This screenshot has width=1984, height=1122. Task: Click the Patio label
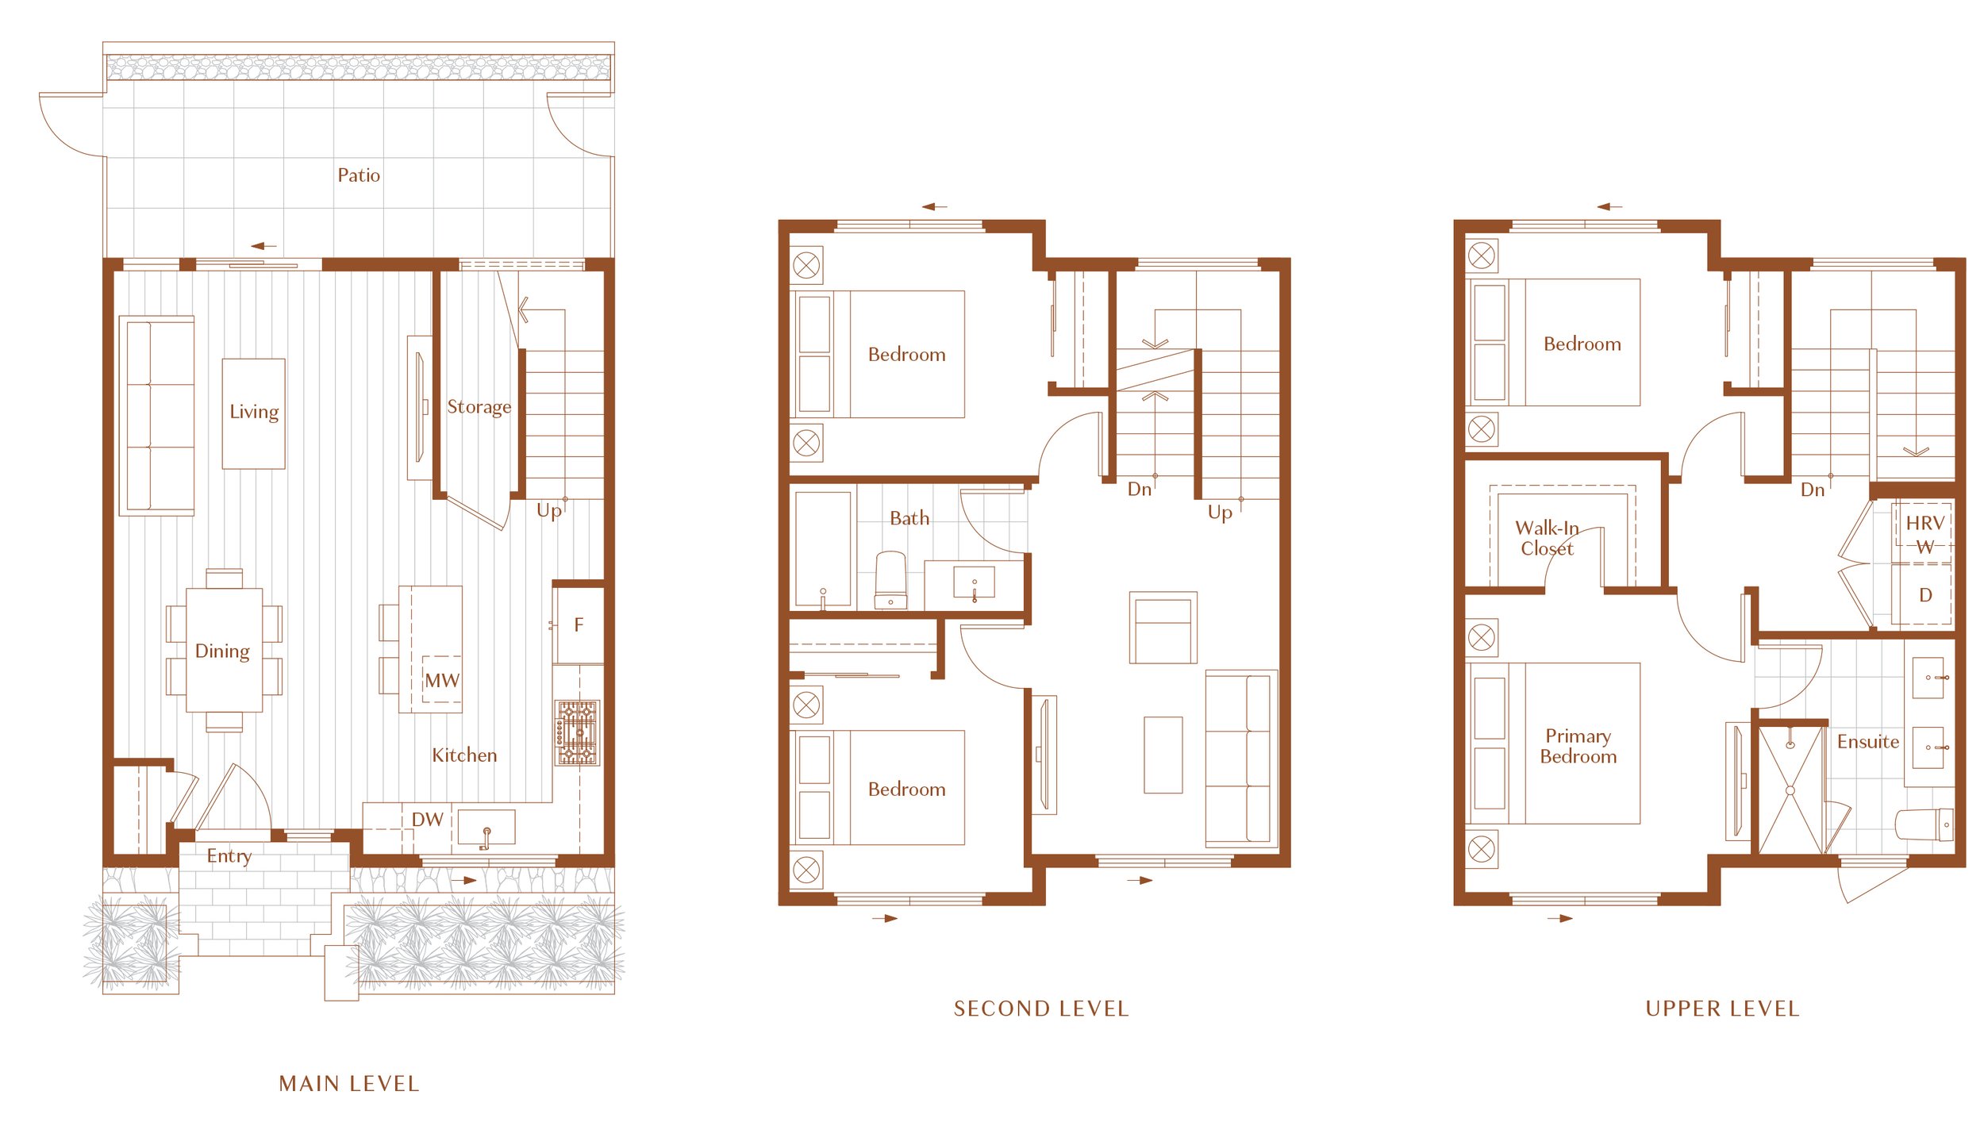[359, 175]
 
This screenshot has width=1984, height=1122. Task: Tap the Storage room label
[479, 407]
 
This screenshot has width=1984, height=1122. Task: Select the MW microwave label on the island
[442, 681]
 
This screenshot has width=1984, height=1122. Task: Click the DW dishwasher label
[427, 820]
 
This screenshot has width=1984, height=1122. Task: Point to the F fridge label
[579, 625]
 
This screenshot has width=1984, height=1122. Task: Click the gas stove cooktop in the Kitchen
[578, 733]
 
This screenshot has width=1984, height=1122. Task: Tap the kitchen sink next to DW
[486, 828]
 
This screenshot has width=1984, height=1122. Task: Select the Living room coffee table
[254, 414]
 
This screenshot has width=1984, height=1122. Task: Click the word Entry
[229, 857]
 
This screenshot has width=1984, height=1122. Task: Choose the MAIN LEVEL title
[349, 1084]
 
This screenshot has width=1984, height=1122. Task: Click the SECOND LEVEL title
[1041, 1009]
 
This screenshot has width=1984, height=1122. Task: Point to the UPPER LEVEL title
[1723, 1009]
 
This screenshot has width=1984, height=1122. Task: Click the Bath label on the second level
[909, 519]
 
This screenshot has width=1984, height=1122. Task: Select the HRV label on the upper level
[1925, 524]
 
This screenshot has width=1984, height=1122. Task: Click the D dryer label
[1925, 596]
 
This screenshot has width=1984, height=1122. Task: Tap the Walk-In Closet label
[1547, 539]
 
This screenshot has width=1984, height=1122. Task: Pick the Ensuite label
[1868, 742]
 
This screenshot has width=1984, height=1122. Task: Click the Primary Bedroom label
[1578, 747]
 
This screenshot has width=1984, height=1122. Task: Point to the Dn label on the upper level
[1813, 490]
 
